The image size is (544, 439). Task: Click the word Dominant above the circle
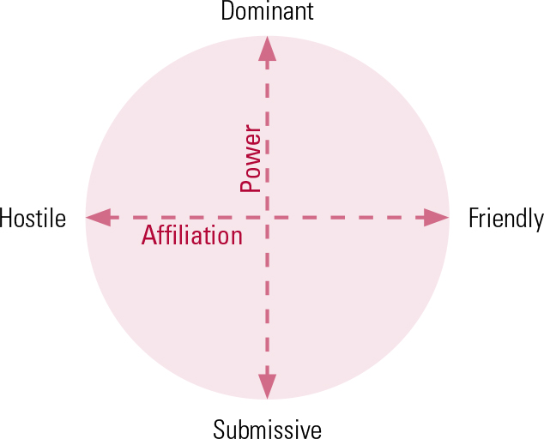[x=268, y=11]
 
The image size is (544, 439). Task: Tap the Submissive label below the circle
[x=268, y=428]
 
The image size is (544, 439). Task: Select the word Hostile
[x=33, y=219]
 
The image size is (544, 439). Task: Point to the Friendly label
[x=505, y=219]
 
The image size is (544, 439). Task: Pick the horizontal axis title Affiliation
[x=192, y=236]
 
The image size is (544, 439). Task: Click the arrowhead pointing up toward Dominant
[x=268, y=49]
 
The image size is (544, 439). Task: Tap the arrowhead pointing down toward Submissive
[x=268, y=387]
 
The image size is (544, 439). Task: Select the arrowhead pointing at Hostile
[x=99, y=218]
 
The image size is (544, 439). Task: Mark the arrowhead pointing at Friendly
[x=437, y=218]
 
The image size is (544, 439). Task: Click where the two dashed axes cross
[x=268, y=218]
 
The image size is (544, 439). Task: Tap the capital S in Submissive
[x=220, y=428]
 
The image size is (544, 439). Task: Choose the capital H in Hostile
[x=7, y=219]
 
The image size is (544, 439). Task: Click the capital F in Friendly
[x=473, y=219]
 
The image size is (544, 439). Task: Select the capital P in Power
[x=251, y=183]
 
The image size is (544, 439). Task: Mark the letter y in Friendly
[x=537, y=221]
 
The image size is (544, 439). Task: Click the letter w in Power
[x=251, y=157]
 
